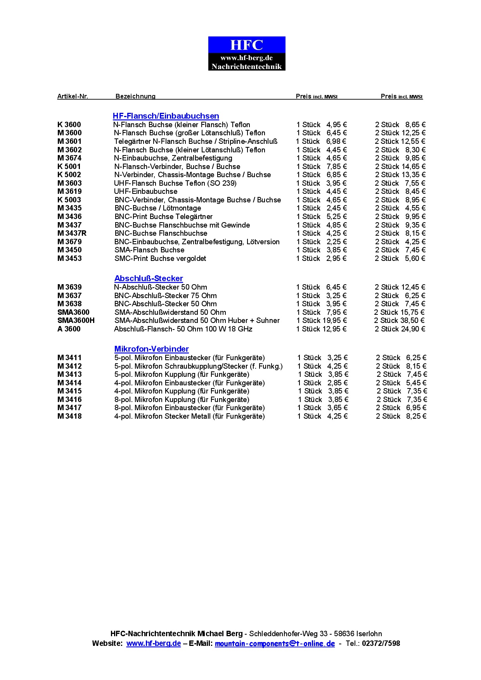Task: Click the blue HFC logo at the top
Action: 247,53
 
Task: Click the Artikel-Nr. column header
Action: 73,96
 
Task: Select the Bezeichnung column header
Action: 135,96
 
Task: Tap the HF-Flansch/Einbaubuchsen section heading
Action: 166,116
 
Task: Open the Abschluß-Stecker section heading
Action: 149,278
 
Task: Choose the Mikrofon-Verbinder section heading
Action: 151,349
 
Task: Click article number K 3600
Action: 69,125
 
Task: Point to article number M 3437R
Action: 72,233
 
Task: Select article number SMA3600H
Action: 76,321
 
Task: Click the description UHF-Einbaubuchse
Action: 145,192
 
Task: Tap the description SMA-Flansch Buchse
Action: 149,250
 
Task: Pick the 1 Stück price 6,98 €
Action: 336,142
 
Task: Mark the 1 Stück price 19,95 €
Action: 335,321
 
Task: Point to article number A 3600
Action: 69,329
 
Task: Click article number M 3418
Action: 69,416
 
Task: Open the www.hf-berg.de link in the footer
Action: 154,644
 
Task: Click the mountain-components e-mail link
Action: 275,644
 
